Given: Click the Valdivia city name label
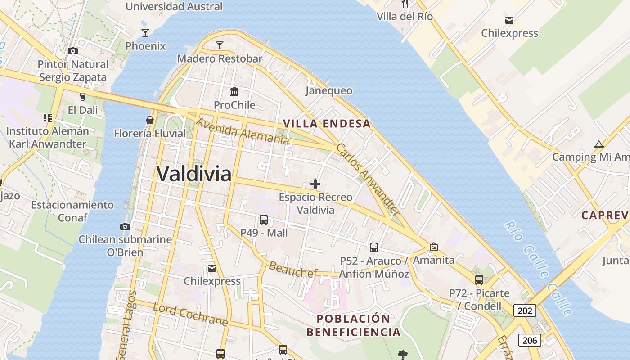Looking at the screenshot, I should (194, 174).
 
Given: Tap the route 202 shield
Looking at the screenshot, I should (525, 310).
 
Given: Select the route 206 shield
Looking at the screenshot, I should (529, 340).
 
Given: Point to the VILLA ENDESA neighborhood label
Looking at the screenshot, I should (327, 124).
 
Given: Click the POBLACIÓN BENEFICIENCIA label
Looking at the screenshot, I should (353, 325).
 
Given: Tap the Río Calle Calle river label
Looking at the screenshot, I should (538, 267).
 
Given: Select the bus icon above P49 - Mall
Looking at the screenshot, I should (264, 220).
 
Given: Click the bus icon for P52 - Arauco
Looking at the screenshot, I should (374, 247).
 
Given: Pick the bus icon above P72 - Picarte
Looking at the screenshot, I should (479, 280).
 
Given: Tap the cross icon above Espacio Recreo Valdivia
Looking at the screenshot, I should (315, 184).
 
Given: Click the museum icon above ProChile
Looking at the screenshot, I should (234, 92).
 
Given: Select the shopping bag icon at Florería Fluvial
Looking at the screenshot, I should (150, 120).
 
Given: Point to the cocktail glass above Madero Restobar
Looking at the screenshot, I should (219, 45).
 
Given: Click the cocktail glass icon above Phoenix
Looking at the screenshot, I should (145, 32).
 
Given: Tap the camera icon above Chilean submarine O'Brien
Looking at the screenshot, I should (125, 226).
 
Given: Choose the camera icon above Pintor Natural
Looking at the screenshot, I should (73, 51).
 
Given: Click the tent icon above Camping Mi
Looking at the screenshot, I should (598, 144).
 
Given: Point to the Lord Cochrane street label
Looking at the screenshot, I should (190, 315).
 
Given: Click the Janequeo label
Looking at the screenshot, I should (329, 90).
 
